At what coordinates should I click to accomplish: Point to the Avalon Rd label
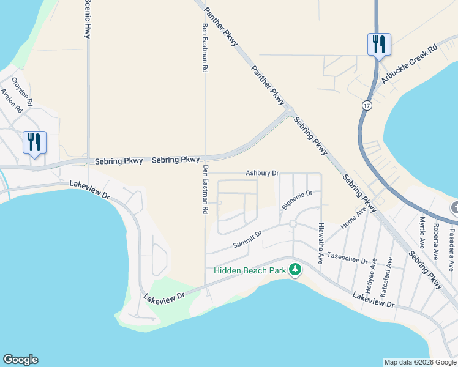12,102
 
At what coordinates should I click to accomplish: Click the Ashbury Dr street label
262,173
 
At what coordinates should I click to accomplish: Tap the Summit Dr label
247,239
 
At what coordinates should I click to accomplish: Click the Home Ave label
353,218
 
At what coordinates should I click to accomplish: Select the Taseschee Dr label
347,258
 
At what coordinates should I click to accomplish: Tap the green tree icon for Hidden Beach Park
295,270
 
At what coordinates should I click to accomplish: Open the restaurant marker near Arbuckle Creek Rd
378,44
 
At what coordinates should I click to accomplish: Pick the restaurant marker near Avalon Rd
34,142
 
